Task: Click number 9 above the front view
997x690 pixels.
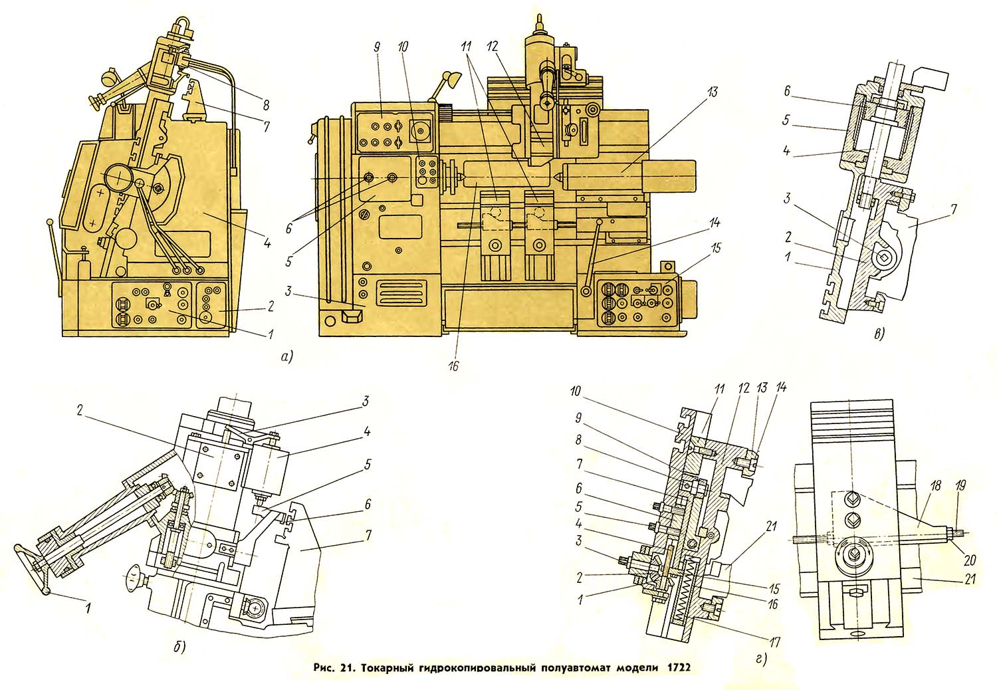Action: [377, 49]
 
